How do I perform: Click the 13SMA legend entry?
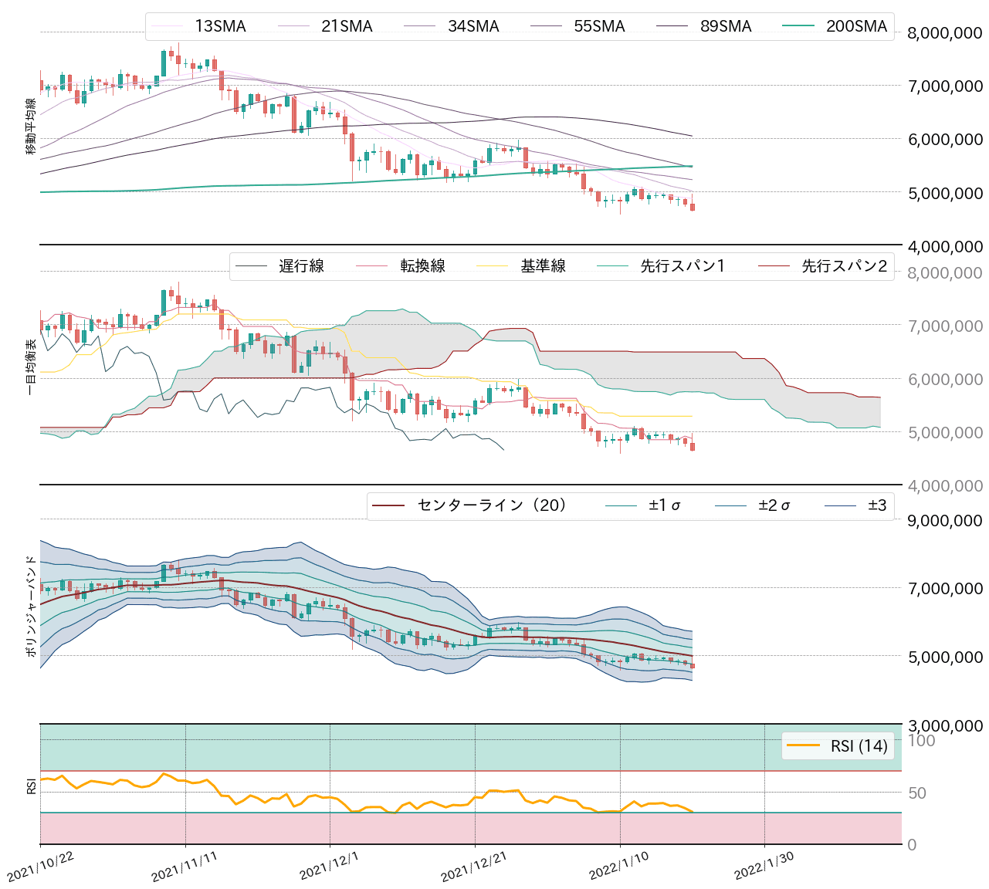[220, 27]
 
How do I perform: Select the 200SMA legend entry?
[856, 27]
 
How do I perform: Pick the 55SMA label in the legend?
[599, 27]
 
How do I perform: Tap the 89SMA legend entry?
[726, 27]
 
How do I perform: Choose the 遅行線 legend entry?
[301, 266]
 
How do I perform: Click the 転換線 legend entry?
[422, 266]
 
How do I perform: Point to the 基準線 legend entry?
[543, 266]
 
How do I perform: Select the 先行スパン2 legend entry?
[844, 266]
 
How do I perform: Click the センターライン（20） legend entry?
[493, 505]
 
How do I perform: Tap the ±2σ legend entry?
[774, 505]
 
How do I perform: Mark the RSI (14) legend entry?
[859, 745]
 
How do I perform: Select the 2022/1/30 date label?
[764, 867]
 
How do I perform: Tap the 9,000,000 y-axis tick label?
[945, 520]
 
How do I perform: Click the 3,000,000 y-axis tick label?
[945, 725]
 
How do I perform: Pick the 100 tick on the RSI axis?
[921, 741]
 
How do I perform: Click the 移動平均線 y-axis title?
[31, 127]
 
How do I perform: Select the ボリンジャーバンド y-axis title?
[31, 606]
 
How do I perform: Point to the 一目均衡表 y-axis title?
[31, 367]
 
